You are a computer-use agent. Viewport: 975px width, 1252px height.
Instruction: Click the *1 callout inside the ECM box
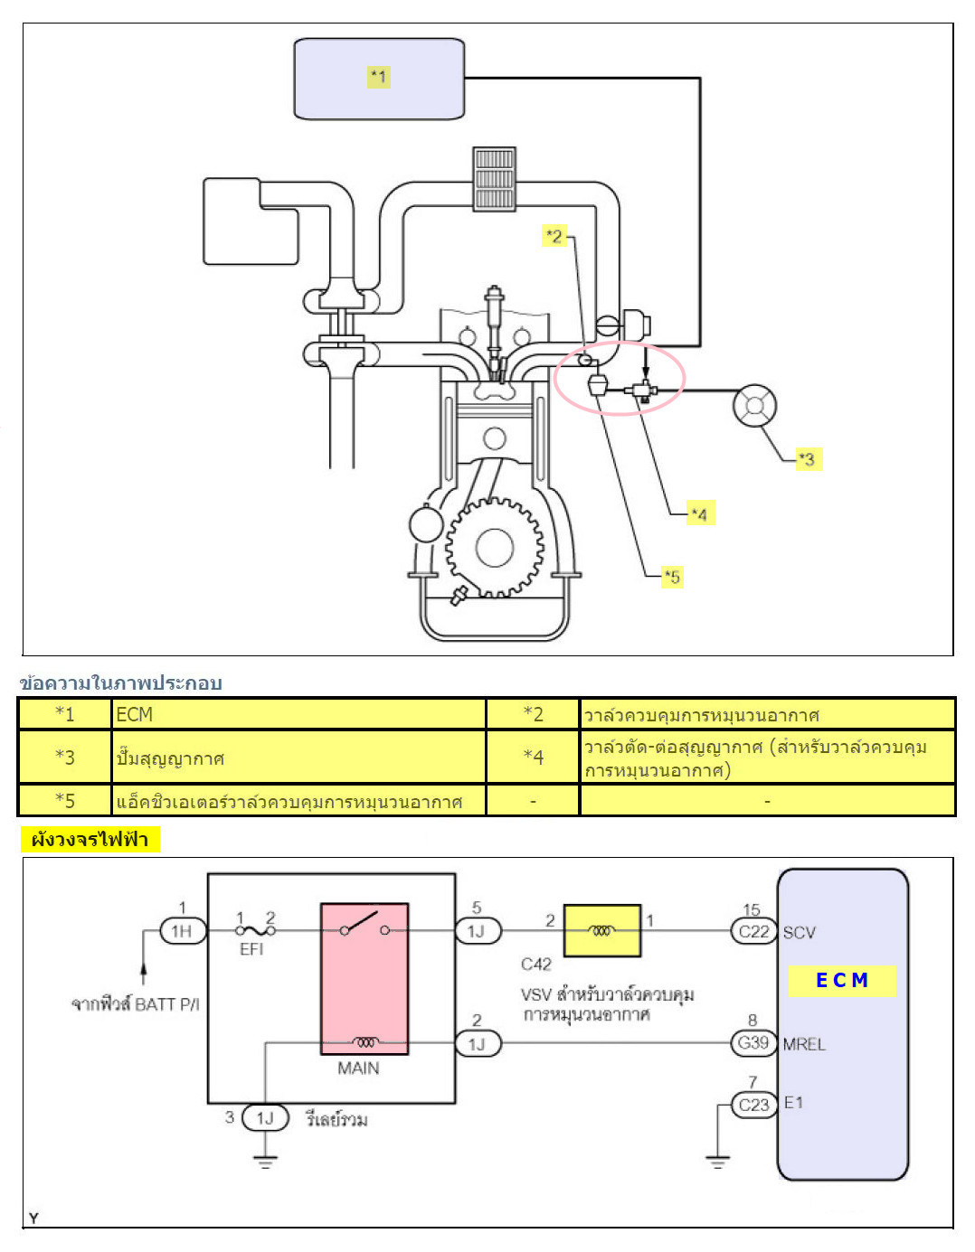coord(378,77)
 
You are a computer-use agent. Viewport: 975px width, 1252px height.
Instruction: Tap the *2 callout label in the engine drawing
coord(554,236)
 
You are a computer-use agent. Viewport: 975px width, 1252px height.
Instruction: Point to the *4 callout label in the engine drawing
coord(699,514)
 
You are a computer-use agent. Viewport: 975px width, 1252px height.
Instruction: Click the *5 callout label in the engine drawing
coord(671,577)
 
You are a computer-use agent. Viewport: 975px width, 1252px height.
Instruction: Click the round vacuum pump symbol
coord(754,406)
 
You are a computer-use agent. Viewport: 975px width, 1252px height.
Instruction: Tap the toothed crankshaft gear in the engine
coord(494,548)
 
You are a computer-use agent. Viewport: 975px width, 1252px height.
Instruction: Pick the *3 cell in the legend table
coord(65,757)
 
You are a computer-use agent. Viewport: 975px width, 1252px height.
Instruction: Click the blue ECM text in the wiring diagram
coord(841,981)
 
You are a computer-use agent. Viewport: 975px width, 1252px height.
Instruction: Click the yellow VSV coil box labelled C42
coord(602,930)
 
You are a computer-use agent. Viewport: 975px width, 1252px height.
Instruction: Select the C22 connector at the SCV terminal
coord(753,931)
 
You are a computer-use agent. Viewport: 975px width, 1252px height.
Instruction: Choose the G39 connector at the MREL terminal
coord(753,1043)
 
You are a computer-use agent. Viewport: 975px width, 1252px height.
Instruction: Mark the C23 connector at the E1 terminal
coord(753,1105)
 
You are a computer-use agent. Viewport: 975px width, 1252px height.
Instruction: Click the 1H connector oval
coord(182,931)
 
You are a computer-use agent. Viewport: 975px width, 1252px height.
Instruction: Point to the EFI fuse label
coord(251,949)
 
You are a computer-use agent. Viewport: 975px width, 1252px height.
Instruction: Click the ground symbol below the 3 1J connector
coord(265,1162)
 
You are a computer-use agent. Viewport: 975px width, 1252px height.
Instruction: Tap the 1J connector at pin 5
coord(477,931)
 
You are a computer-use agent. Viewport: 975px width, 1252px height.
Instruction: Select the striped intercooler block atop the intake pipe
coord(494,179)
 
